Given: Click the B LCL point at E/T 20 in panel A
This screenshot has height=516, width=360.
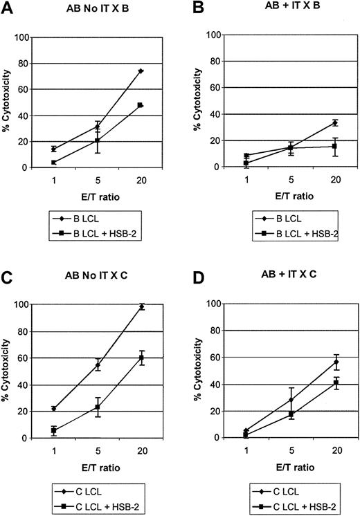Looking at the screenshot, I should (141, 71).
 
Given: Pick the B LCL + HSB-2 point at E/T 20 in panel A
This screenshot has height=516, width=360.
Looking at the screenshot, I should (141, 105).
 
